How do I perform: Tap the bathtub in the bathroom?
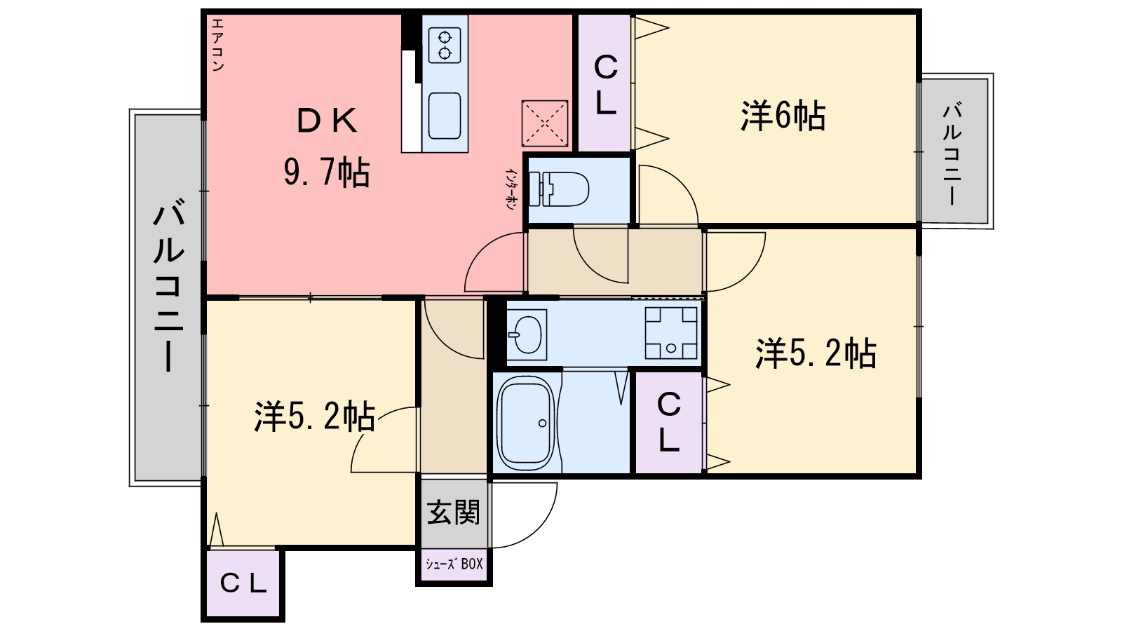tap(525, 423)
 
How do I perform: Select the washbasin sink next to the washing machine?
tap(526, 334)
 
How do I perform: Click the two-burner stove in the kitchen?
tap(445, 43)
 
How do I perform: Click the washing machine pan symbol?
tap(671, 333)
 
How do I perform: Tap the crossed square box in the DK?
tap(545, 123)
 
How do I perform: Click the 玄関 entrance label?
tap(454, 513)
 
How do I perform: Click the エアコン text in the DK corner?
tap(217, 44)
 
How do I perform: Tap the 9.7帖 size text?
tap(327, 172)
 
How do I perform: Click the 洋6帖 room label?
tap(783, 116)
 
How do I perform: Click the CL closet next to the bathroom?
tap(668, 422)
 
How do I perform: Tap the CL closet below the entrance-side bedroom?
tap(243, 583)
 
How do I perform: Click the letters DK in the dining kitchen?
tap(327, 121)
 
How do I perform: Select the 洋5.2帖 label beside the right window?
tap(815, 353)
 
